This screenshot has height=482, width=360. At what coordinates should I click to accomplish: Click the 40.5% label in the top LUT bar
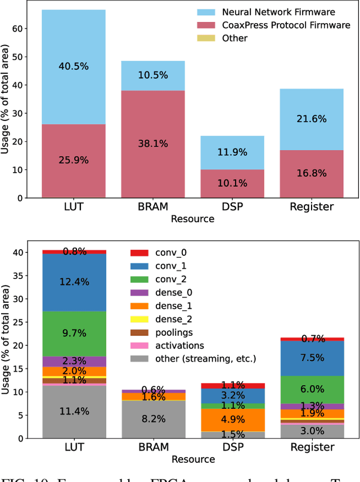74,66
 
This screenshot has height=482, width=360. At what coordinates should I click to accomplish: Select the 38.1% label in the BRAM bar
152,143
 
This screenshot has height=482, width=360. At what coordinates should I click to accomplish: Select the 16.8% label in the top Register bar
312,173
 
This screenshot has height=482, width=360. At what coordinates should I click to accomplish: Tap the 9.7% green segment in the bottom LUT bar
74,333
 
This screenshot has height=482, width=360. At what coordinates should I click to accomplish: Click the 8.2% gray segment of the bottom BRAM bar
152,419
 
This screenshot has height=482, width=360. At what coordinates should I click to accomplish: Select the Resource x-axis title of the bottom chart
192,460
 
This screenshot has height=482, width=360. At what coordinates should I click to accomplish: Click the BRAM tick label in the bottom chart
152,448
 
